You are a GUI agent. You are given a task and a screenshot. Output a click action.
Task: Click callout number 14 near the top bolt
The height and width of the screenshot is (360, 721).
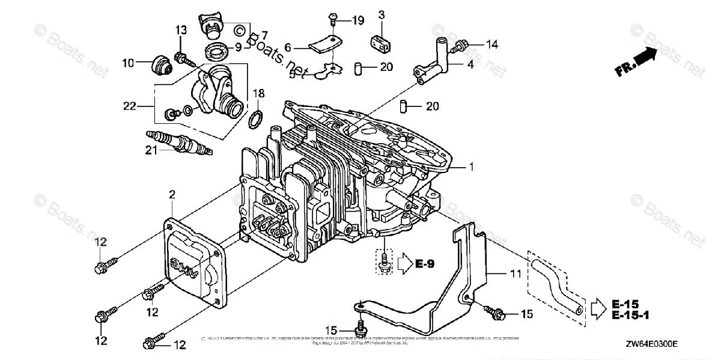(491, 43)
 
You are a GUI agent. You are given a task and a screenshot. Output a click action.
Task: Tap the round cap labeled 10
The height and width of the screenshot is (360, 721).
(160, 63)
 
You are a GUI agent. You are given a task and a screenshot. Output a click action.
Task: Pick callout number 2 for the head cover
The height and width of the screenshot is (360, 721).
(172, 194)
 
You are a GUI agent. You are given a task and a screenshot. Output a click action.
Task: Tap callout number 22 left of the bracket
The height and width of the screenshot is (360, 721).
(130, 106)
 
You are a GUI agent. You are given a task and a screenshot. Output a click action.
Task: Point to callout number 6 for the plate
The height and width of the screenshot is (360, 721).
(288, 47)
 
